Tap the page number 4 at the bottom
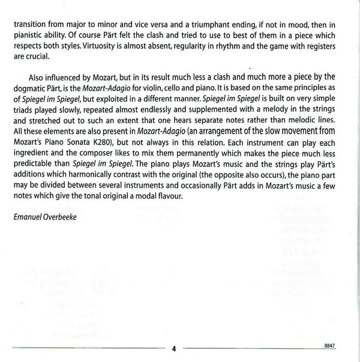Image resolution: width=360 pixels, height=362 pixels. pyautogui.click(x=173, y=348)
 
